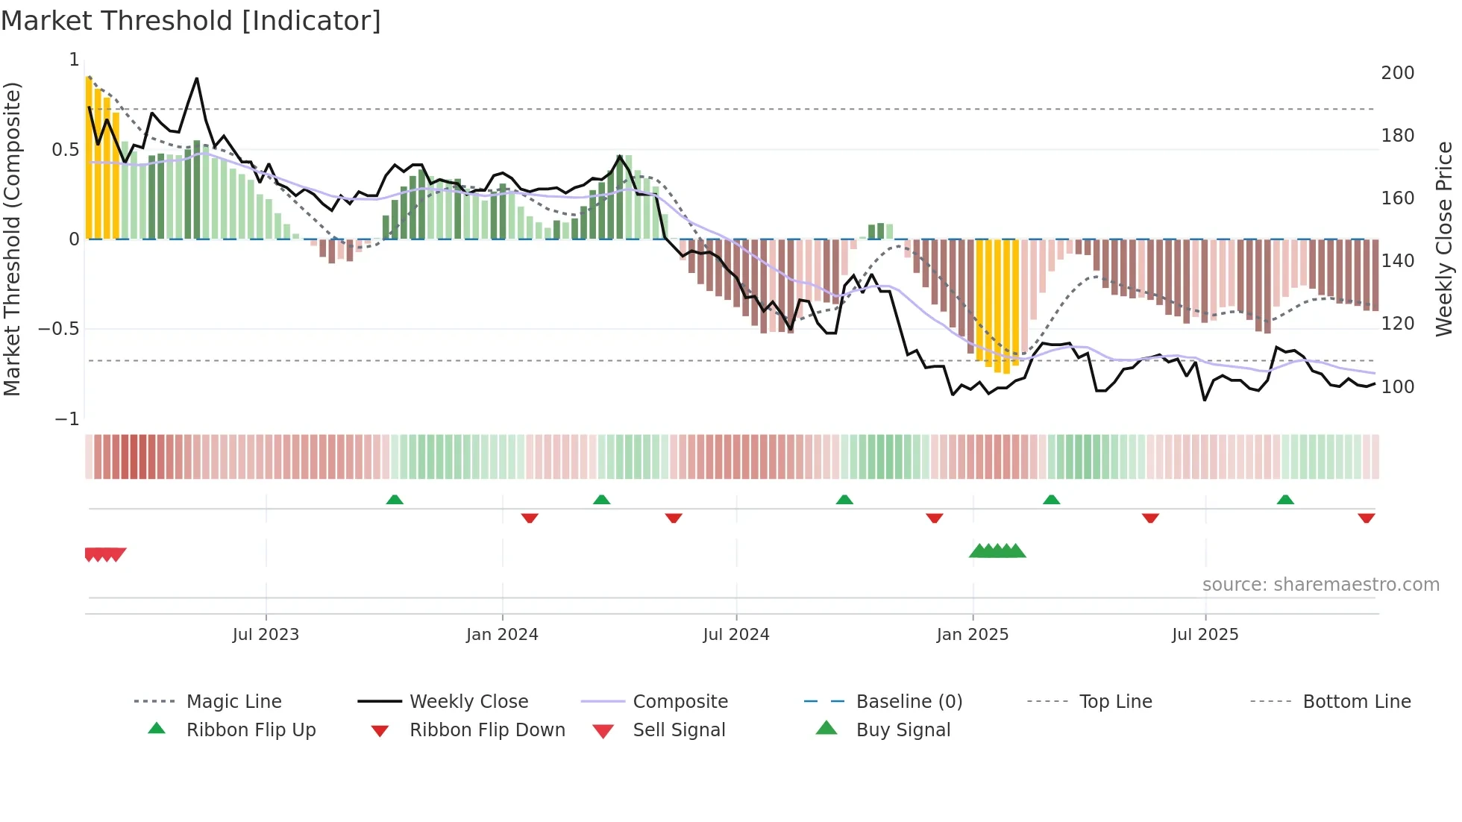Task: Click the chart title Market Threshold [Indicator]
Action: (191, 21)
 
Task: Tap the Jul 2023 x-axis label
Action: (266, 635)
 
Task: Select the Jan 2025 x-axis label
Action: (973, 635)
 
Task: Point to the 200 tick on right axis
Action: (1397, 73)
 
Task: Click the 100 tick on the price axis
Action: (1397, 387)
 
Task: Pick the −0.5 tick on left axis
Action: (59, 329)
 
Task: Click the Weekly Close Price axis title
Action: (1444, 239)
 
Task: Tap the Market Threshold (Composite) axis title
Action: (12, 239)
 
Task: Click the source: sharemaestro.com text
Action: (1320, 585)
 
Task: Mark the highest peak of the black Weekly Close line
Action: (197, 78)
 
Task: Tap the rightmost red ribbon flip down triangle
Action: (1367, 518)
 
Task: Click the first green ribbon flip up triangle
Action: (395, 500)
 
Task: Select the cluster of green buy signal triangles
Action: (997, 551)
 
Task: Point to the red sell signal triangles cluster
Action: (105, 554)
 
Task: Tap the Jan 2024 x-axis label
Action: (502, 635)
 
